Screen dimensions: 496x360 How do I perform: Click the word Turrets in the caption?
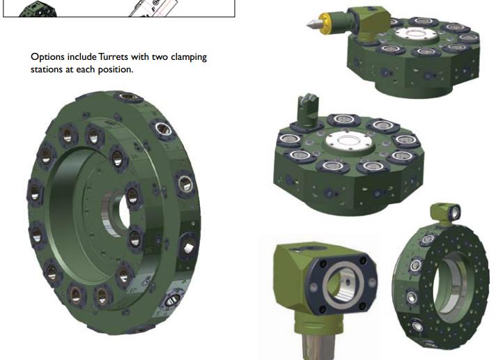tap(113, 57)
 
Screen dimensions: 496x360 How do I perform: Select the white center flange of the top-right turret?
tap(417, 35)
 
